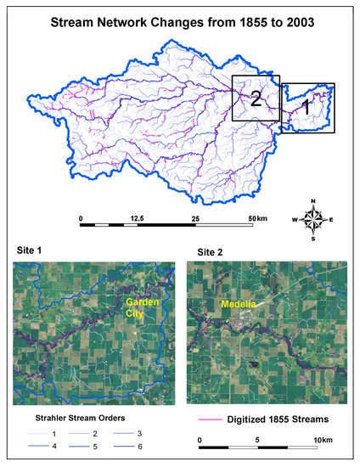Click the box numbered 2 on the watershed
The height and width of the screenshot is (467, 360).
click(x=255, y=98)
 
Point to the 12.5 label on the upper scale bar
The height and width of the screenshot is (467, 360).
click(x=137, y=219)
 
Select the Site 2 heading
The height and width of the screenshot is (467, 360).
click(x=214, y=252)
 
